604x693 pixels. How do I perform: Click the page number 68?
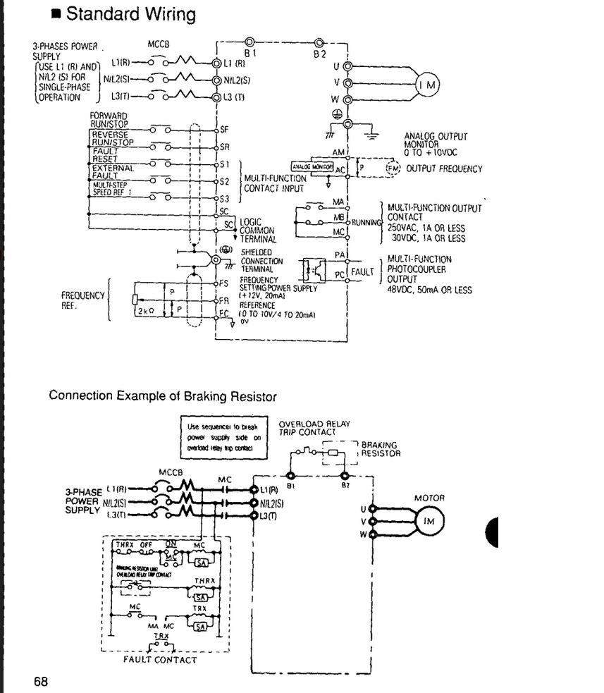[x=41, y=681]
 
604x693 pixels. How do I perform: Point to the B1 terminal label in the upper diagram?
[x=248, y=53]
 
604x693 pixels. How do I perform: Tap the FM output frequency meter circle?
[x=393, y=168]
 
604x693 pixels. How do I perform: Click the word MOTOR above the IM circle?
[x=430, y=498]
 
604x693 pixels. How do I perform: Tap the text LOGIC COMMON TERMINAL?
[x=257, y=230]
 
